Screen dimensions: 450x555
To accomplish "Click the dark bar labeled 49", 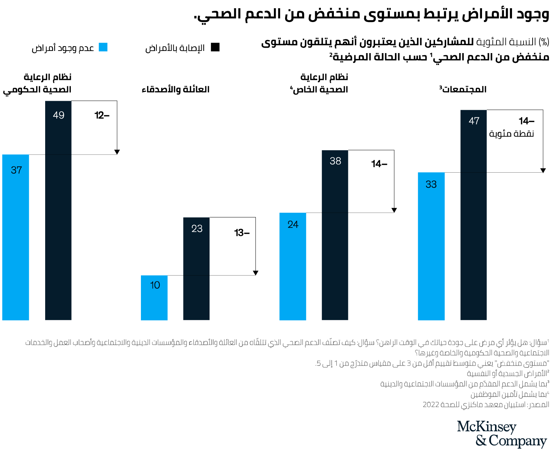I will pyautogui.click(x=58, y=210).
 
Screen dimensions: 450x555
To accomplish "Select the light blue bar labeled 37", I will pyautogui.click(x=16, y=237).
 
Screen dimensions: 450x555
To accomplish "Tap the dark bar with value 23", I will pyautogui.click(x=196, y=268).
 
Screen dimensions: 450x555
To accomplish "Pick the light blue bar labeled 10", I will pyautogui.click(x=154, y=298).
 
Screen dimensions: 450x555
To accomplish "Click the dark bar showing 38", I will pyautogui.click(x=335, y=235).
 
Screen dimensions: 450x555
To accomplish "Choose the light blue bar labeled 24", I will pyautogui.click(x=293, y=266).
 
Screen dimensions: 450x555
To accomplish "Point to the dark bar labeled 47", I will pyautogui.click(x=473, y=215).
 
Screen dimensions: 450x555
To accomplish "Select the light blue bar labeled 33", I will pyautogui.click(x=431, y=246).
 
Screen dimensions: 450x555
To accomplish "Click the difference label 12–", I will pyautogui.click(x=102, y=116).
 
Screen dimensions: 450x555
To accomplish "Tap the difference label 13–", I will pyautogui.click(x=242, y=233).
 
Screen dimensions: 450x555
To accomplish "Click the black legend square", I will pyautogui.click(x=215, y=47).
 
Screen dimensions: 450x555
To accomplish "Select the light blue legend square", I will pyautogui.click(x=103, y=47).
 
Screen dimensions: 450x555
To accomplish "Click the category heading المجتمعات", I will pyautogui.click(x=463, y=89).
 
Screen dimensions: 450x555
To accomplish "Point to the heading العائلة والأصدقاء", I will pyautogui.click(x=176, y=89).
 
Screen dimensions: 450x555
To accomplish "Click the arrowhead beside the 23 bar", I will pyautogui.click(x=255, y=273).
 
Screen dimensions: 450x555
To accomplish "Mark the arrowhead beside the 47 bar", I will pyautogui.click(x=543, y=170).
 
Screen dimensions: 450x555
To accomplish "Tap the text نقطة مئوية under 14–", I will pyautogui.click(x=511, y=134).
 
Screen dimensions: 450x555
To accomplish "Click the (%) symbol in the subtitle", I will pyautogui.click(x=544, y=42).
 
